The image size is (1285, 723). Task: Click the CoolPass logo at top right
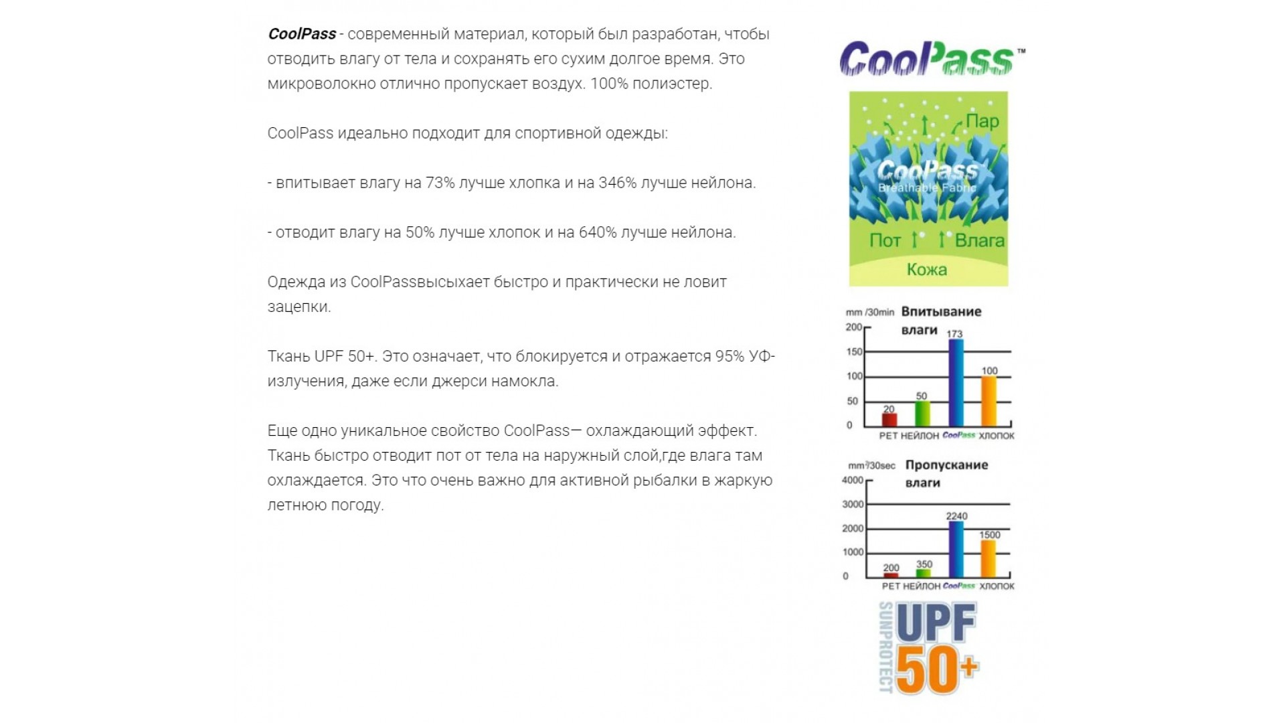(x=931, y=59)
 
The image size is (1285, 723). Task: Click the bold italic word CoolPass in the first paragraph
(x=302, y=34)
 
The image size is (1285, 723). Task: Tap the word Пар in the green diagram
(x=982, y=121)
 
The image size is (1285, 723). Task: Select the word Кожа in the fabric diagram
(x=927, y=270)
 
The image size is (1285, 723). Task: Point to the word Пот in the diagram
(x=885, y=240)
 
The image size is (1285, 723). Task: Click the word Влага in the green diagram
(x=979, y=240)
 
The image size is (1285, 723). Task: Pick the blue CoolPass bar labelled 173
(x=956, y=383)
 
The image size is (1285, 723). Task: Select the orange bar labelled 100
(x=989, y=402)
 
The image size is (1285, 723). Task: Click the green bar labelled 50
(x=922, y=414)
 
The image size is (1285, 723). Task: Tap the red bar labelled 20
(x=889, y=420)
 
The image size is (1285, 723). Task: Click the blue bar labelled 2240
(x=956, y=549)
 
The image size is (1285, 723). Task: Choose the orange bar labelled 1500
(x=989, y=558)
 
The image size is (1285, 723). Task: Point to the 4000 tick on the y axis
(x=853, y=481)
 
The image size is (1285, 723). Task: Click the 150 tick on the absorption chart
(x=855, y=352)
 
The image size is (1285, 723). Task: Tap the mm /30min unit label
(x=870, y=313)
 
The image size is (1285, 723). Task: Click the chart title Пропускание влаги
(x=946, y=473)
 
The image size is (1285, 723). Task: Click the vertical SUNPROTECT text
(x=885, y=647)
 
